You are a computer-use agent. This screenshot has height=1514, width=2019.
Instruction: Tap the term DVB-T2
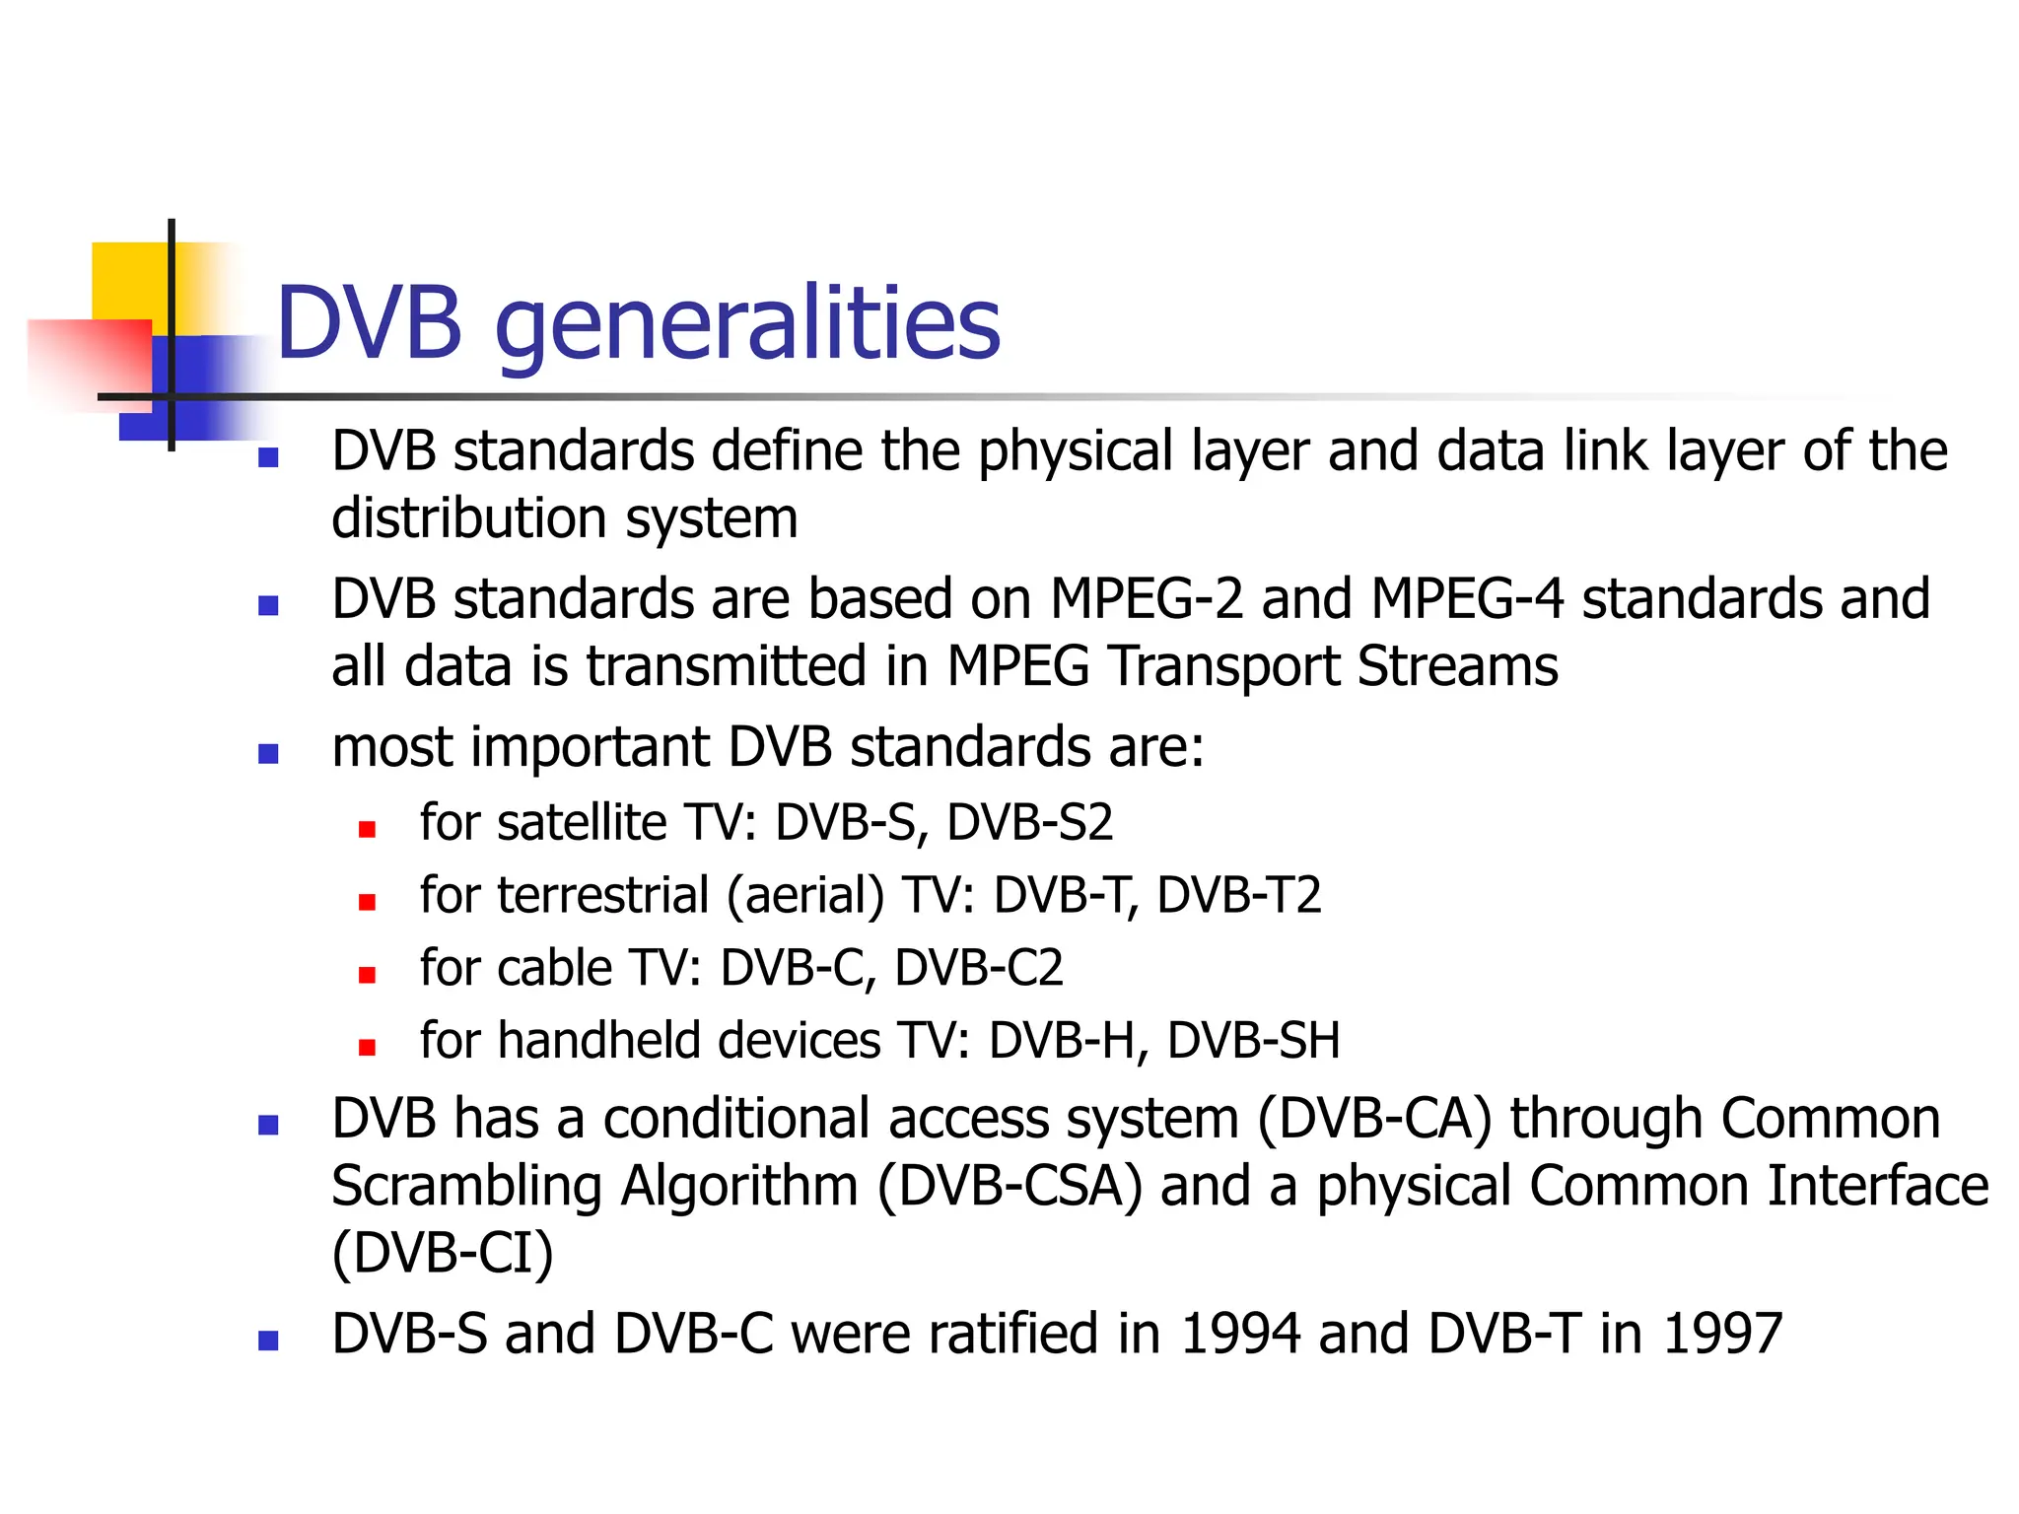[1238, 895]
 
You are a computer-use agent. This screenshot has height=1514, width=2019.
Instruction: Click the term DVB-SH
[1253, 1041]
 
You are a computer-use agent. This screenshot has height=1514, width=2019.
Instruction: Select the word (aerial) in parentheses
[806, 895]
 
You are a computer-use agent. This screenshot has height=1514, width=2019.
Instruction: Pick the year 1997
[1722, 1334]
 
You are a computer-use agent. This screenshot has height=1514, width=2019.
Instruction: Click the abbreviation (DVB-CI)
[443, 1253]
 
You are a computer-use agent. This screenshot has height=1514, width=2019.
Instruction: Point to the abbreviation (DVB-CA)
[1375, 1120]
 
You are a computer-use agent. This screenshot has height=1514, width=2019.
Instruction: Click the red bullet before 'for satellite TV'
[368, 829]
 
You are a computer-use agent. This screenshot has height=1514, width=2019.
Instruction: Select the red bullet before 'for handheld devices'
[368, 1048]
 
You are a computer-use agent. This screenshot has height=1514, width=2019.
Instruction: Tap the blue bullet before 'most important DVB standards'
[268, 754]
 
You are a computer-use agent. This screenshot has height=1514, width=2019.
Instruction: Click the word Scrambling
[466, 1186]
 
